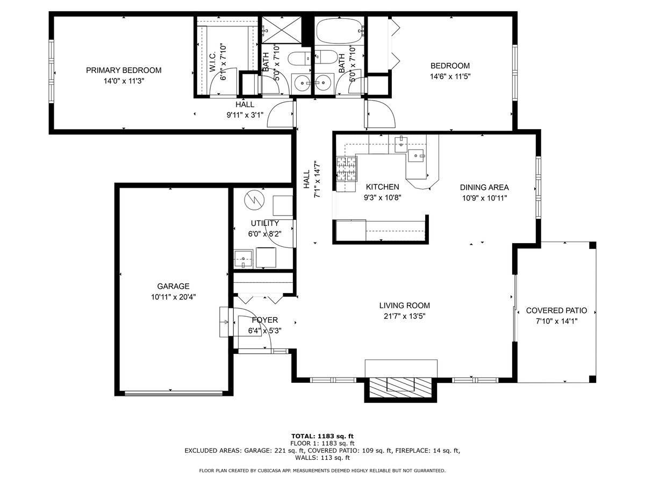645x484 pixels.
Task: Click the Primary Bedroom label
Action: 124,70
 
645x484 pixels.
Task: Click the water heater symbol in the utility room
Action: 253,200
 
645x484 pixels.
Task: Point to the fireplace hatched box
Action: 400,386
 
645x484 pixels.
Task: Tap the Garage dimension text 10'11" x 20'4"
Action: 173,296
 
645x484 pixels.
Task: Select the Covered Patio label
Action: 556,310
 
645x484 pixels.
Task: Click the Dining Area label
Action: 484,187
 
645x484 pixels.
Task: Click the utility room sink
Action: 243,259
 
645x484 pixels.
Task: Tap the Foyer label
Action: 265,320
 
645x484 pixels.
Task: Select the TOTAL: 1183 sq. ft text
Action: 322,436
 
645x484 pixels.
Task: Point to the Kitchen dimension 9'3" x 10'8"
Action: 383,197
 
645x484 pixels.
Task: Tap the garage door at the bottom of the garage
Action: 173,393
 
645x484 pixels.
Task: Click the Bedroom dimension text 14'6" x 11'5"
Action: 450,76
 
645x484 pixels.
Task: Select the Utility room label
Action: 264,223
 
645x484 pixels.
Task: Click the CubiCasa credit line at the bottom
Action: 322,471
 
